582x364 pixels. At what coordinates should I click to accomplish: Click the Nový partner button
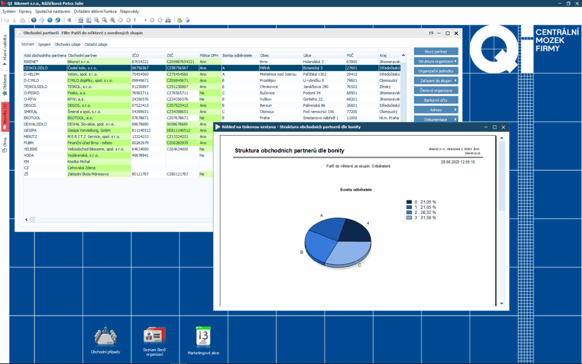click(436, 51)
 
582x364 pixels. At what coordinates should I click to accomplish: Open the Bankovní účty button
click(436, 100)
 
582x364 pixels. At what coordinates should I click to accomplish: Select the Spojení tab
click(44, 44)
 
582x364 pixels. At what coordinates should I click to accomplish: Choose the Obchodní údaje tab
click(68, 44)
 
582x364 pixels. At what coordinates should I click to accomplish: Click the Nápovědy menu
click(130, 11)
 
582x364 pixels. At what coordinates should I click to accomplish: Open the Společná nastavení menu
click(53, 11)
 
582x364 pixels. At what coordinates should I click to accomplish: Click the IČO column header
click(136, 55)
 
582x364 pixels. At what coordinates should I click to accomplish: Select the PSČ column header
click(350, 55)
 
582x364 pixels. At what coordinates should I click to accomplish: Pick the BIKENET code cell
click(31, 62)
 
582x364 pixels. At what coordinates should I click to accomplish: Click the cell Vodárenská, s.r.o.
click(84, 156)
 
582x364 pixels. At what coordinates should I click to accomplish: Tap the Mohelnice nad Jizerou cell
click(278, 74)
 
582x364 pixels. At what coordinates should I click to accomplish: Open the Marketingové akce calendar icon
click(203, 339)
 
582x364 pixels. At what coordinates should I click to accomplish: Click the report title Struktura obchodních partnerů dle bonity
click(289, 150)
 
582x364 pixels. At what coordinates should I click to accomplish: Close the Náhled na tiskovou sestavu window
click(503, 127)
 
